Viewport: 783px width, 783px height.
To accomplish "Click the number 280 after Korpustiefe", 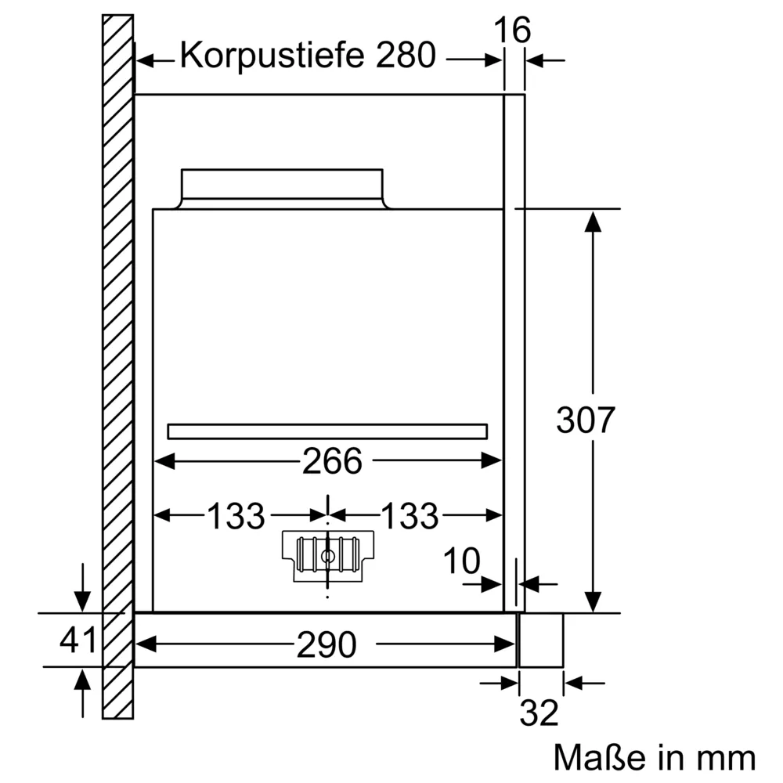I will (404, 56).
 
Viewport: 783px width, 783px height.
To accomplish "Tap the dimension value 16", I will (513, 31).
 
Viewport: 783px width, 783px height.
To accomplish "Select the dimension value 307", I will (586, 421).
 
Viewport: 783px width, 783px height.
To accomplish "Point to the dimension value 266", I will (332, 461).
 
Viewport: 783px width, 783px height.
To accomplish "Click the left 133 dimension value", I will (236, 516).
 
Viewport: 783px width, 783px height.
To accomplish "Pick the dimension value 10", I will (461, 561).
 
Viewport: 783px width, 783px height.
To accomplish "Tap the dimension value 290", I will (327, 644).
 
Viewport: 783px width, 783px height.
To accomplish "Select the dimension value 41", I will (78, 640).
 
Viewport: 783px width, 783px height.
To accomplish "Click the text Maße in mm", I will (655, 758).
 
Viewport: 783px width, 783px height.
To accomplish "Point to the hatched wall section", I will (117, 352).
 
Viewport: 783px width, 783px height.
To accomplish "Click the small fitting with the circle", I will (327, 554).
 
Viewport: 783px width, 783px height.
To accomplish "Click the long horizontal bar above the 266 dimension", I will (327, 431).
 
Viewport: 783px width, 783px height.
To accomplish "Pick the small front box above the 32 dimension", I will (541, 640).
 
